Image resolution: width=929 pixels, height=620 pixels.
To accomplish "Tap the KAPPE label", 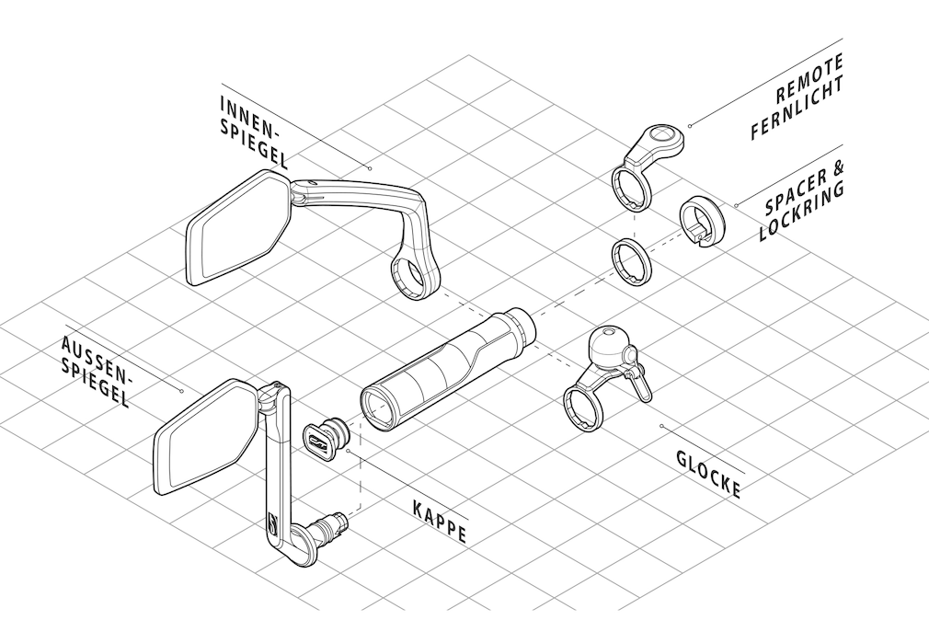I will click(x=439, y=521).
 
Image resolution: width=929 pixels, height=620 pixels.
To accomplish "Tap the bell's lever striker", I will click(x=642, y=386).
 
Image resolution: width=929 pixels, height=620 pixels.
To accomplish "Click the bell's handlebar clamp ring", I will click(x=581, y=408).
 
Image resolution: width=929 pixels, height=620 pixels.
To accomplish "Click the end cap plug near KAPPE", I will click(x=323, y=440).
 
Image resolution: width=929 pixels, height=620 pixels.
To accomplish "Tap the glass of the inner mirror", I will click(x=238, y=225).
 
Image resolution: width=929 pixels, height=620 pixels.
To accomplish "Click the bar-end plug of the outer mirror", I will click(x=330, y=528).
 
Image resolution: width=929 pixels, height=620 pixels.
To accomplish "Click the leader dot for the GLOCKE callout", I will click(x=662, y=425).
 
